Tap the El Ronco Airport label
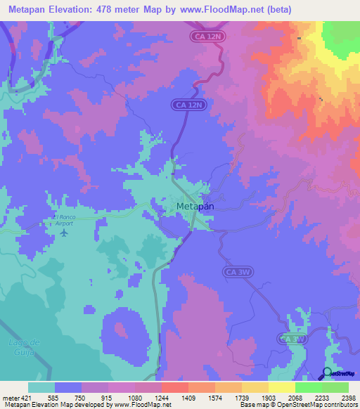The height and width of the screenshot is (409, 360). click(63, 221)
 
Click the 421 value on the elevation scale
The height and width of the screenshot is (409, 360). click(27, 397)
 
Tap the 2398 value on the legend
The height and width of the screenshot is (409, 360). click(347, 397)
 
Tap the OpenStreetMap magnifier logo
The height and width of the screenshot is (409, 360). click(328, 374)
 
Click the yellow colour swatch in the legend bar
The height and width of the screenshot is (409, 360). click(281, 387)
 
